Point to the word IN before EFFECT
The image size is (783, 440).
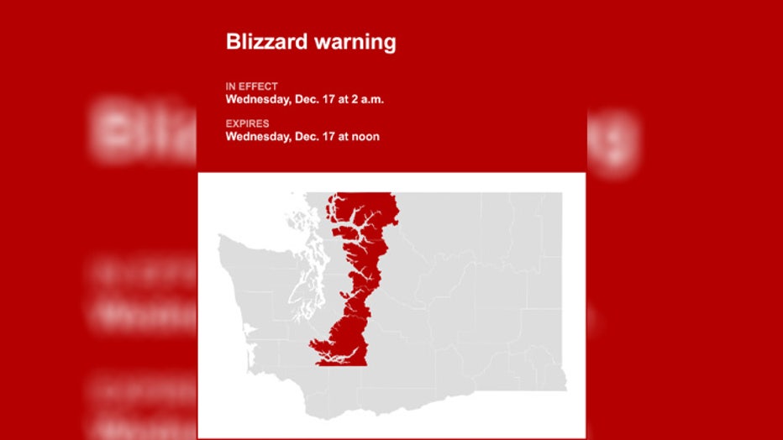(231, 86)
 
